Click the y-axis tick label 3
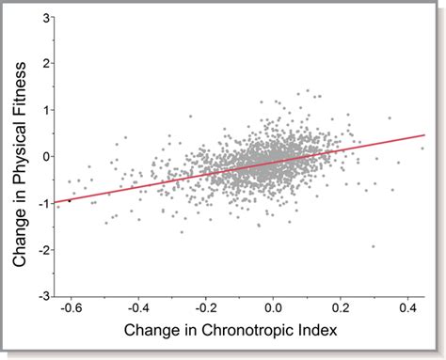tap(44, 17)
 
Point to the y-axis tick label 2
tap(44, 63)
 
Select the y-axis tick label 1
tap(44, 110)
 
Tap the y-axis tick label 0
tap(44, 156)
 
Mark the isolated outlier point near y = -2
tap(374, 246)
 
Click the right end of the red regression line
tap(425, 135)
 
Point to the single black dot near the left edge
tap(69, 200)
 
